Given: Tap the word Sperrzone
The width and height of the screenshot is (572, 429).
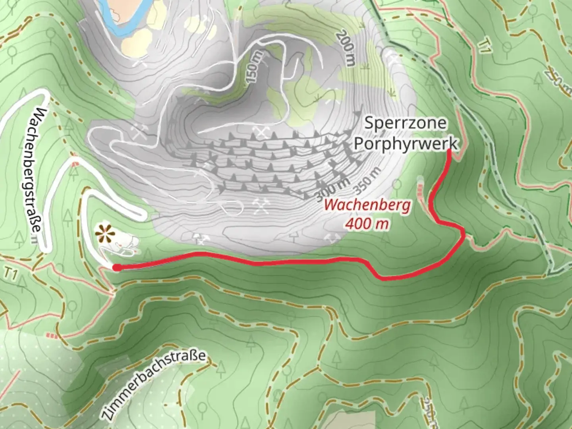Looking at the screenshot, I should pyautogui.click(x=405, y=123).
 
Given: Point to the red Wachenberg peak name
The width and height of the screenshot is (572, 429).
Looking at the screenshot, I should pyautogui.click(x=367, y=206).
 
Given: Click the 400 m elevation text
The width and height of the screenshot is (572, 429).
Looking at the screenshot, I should pyautogui.click(x=367, y=224).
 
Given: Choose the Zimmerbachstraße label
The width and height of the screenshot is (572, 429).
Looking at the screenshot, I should pyautogui.click(x=153, y=385).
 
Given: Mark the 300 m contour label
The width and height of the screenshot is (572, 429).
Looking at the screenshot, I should pyautogui.click(x=333, y=189).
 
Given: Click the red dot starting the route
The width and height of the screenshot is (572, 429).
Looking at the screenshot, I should pyautogui.click(x=116, y=268).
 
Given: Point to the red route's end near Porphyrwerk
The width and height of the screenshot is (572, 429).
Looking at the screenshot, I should pyautogui.click(x=449, y=151).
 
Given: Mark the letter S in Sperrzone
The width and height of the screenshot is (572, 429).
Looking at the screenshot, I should pyautogui.click(x=369, y=123).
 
